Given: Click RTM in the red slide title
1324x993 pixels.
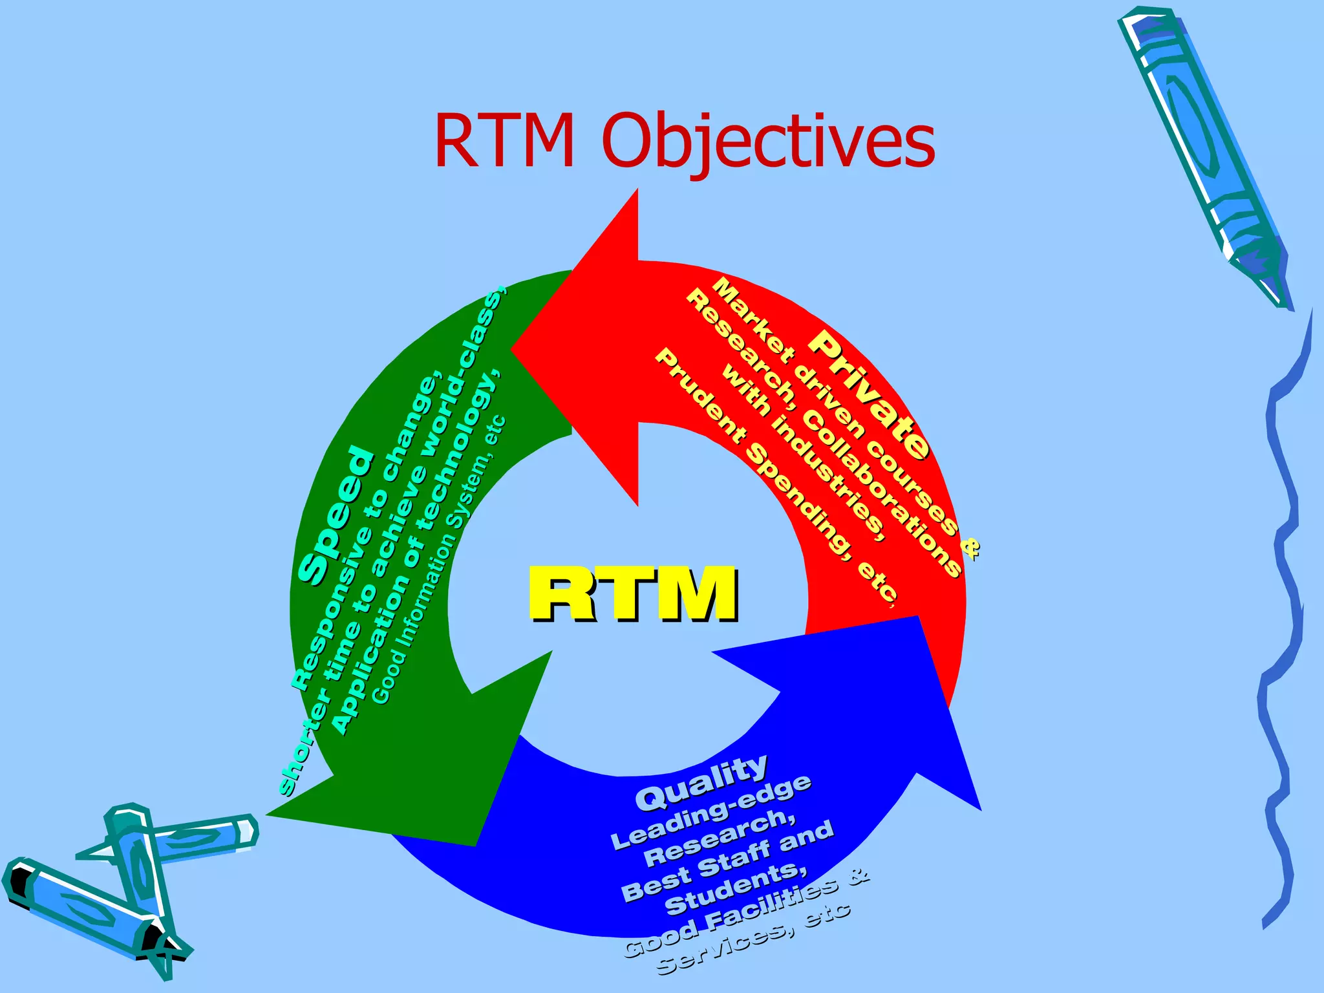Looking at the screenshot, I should [x=504, y=140].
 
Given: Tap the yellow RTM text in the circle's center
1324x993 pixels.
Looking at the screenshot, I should [x=633, y=593].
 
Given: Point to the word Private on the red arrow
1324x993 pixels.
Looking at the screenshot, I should [x=870, y=395].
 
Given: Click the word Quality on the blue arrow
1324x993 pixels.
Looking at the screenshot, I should [x=701, y=783].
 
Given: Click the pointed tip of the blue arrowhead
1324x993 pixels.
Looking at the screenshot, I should [x=979, y=807].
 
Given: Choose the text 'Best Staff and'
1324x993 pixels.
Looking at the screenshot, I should [x=727, y=860].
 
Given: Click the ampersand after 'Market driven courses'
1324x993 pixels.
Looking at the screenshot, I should [x=970, y=548].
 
